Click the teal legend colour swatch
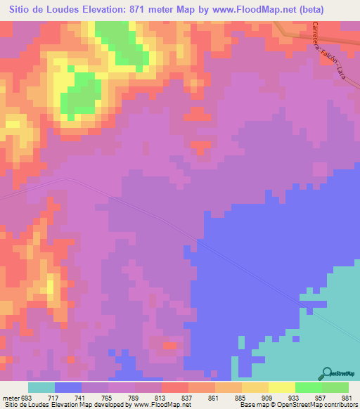41,387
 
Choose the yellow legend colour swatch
281,387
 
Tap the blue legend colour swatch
68,387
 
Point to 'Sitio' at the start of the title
20,10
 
